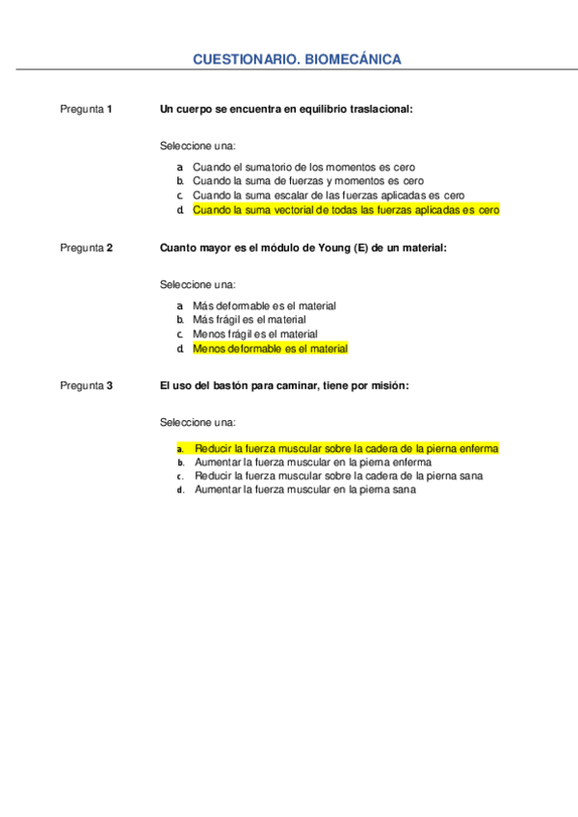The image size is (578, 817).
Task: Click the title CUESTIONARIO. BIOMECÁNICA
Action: pyautogui.click(x=297, y=60)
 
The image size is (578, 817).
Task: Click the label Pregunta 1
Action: pyautogui.click(x=86, y=109)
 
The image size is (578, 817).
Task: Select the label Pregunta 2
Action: pyautogui.click(x=86, y=248)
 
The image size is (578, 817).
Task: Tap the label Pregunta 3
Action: pyautogui.click(x=86, y=386)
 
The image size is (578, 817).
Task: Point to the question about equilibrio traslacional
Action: pyautogui.click(x=286, y=109)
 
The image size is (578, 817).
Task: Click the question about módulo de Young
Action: pyautogui.click(x=302, y=248)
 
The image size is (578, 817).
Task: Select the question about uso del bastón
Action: pyautogui.click(x=284, y=386)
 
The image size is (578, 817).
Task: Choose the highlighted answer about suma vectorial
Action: pyautogui.click(x=346, y=209)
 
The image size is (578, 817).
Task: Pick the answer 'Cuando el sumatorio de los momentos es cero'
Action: pyautogui.click(x=303, y=167)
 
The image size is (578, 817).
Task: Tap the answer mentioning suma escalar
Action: pyautogui.click(x=328, y=195)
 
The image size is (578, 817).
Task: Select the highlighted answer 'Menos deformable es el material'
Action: pyautogui.click(x=270, y=348)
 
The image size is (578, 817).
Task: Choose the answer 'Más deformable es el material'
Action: pyautogui.click(x=264, y=305)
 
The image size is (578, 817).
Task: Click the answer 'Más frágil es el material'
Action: pyautogui.click(x=249, y=319)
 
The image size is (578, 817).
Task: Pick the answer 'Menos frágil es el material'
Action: pyautogui.click(x=254, y=333)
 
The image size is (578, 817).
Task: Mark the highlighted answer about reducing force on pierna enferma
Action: pyautogui.click(x=346, y=448)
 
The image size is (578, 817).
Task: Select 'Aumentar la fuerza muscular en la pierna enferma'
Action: pyautogui.click(x=312, y=461)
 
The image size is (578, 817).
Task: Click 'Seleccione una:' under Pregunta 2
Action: pyautogui.click(x=197, y=285)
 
